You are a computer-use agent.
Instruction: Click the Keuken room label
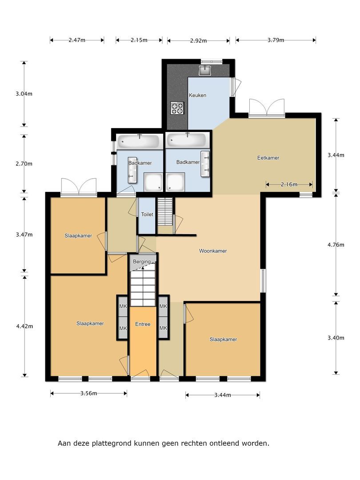(x=197, y=95)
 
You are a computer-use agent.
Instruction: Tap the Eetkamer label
(x=268, y=158)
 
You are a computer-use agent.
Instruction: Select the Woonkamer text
(x=213, y=251)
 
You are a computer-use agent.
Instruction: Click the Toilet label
(x=147, y=214)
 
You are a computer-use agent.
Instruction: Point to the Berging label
(x=142, y=262)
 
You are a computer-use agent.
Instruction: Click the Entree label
(x=143, y=324)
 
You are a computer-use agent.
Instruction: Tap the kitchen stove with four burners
(x=177, y=108)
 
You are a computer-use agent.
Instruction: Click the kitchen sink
(x=205, y=70)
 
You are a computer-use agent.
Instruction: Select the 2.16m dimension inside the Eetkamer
(x=289, y=184)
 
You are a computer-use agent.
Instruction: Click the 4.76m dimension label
(x=336, y=244)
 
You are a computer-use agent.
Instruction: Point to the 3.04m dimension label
(x=24, y=94)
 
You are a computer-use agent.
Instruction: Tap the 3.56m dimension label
(x=89, y=393)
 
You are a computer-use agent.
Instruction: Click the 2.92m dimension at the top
(x=198, y=40)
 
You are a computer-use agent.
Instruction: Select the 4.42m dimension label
(x=24, y=326)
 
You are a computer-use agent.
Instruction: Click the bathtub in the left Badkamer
(x=140, y=141)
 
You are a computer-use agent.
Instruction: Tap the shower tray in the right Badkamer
(x=176, y=182)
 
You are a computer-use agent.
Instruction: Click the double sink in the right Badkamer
(x=205, y=164)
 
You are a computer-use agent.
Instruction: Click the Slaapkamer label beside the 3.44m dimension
(x=223, y=339)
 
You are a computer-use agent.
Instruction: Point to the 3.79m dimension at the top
(x=276, y=40)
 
